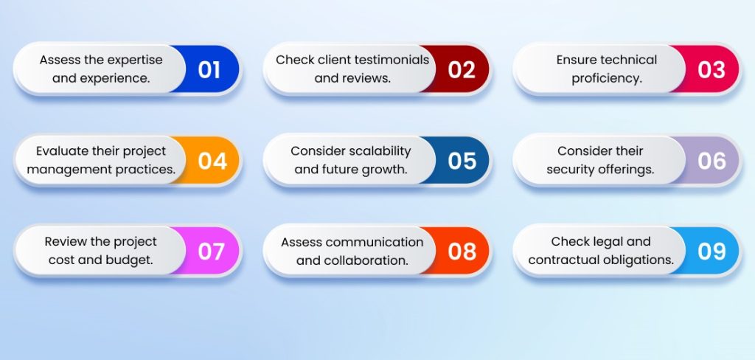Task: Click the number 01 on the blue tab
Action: (209, 70)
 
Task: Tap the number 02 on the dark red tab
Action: (462, 70)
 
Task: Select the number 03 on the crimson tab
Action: (711, 70)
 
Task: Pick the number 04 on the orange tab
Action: (212, 161)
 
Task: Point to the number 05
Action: (462, 161)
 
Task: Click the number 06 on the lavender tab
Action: (711, 161)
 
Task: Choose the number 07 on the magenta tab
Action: (212, 252)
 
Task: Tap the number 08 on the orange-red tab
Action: (462, 252)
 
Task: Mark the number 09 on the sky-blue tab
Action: (711, 252)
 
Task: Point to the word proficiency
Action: (607, 78)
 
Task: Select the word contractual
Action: (560, 260)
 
